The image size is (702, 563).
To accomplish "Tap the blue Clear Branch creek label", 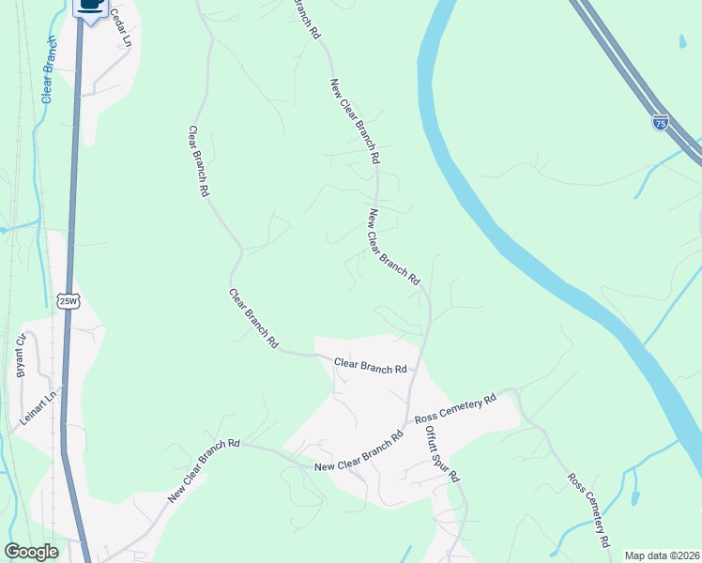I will (x=48, y=70).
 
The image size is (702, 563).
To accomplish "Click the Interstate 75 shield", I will (x=661, y=123).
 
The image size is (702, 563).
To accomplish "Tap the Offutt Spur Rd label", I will (x=440, y=454).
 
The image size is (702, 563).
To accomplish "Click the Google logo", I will (x=31, y=552).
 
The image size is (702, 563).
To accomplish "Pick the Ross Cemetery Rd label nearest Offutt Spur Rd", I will (x=455, y=408).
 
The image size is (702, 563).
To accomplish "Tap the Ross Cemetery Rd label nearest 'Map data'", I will (x=589, y=510).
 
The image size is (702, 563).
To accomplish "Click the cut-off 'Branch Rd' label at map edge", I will (x=308, y=18).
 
